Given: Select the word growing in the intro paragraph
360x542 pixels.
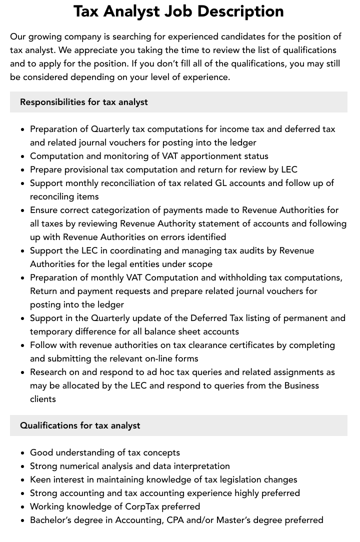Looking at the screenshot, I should pyautogui.click(x=44, y=36).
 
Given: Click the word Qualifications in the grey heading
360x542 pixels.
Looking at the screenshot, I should pyautogui.click(x=48, y=425).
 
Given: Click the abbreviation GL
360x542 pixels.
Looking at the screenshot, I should pyautogui.click(x=221, y=183).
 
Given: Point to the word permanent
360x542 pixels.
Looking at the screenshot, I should pyautogui.click(x=304, y=318).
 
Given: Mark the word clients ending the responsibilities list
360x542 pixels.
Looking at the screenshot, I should pyautogui.click(x=43, y=399).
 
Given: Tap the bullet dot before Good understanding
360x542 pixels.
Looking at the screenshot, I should pyautogui.click(x=22, y=453).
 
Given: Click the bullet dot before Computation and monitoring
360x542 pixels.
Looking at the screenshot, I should pyautogui.click(x=22, y=156).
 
